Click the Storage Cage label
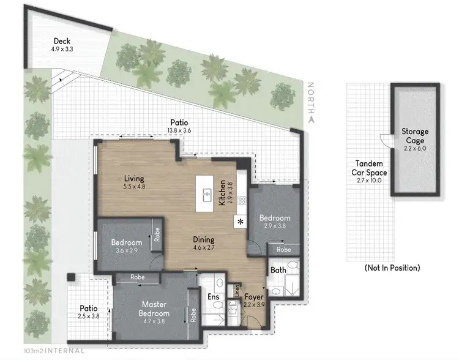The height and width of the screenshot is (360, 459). coord(415,135)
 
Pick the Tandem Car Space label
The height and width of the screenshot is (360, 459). coord(369,168)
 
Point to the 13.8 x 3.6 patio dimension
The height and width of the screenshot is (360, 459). coord(179,130)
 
